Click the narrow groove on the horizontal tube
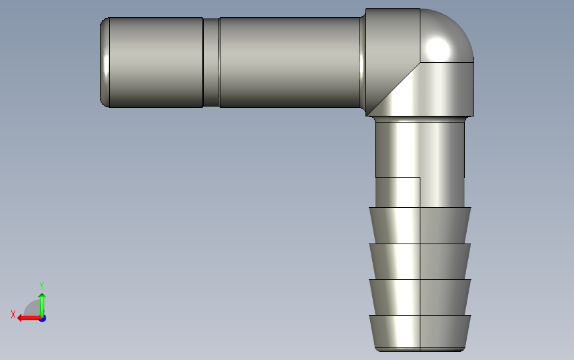tap(211, 63)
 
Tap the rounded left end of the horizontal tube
tap(105, 63)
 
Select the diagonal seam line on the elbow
tap(393, 89)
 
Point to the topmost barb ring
tap(420, 225)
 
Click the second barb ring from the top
tap(420, 261)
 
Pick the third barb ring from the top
tap(420, 297)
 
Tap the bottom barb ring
tap(420, 332)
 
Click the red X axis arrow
tap(29, 318)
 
